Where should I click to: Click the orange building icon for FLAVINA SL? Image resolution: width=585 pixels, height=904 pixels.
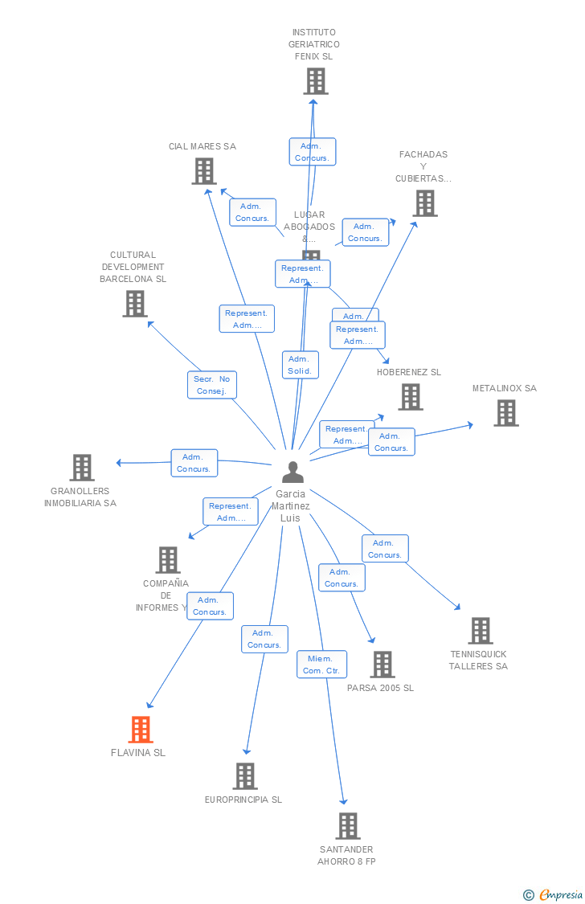141,730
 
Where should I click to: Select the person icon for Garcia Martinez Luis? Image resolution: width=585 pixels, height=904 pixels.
293,472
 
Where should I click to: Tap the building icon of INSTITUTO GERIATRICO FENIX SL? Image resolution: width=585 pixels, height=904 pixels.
316,81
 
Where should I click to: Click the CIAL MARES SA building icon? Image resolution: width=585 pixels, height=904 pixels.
204,170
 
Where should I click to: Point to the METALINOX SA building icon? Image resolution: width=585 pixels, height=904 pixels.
505,413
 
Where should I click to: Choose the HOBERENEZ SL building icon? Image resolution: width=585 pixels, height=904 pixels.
411,396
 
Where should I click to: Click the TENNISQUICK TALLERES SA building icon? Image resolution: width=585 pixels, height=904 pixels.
481,631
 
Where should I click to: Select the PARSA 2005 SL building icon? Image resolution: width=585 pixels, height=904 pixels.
382,665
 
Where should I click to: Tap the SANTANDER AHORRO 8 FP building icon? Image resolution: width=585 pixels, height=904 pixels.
347,826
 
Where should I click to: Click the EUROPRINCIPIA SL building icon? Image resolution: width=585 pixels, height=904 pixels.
245,776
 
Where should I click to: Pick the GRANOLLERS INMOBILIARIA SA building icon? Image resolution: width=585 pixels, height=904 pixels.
82,468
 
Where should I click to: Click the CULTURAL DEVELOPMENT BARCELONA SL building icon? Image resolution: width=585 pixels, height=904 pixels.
135,304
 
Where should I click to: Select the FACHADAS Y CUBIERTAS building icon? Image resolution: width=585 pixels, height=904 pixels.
425,203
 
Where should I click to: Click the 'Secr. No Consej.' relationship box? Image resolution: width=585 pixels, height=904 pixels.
213,385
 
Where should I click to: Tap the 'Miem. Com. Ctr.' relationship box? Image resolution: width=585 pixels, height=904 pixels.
321,665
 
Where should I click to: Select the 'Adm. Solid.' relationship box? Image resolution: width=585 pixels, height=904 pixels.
300,365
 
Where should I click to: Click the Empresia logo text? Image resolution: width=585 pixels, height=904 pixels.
560,894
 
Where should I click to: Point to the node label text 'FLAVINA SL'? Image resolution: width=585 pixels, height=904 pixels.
138,753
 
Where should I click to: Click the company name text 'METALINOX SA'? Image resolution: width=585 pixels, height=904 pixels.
504,388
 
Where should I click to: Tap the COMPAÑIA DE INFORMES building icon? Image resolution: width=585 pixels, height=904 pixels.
167,560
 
